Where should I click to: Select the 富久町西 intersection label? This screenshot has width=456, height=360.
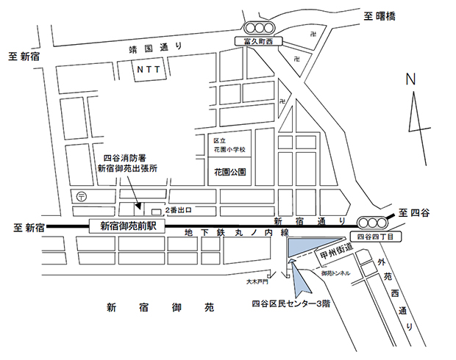(252, 43)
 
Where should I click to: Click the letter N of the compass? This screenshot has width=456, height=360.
(411, 79)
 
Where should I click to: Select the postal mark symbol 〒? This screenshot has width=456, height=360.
(81, 196)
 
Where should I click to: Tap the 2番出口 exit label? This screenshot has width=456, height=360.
(180, 212)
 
